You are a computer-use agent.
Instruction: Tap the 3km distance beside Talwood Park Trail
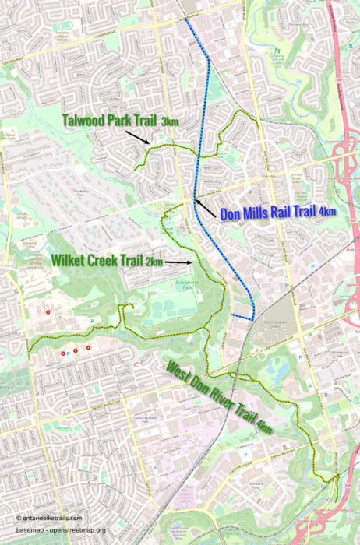[169, 122]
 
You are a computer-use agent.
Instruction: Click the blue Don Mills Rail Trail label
[268, 212]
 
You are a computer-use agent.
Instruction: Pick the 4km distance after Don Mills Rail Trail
[327, 212]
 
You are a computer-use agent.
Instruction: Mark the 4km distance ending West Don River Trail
[264, 427]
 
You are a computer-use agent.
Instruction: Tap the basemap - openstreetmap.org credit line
[61, 530]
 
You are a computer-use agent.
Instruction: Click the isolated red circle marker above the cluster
[48, 311]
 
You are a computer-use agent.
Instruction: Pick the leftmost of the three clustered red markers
[62, 353]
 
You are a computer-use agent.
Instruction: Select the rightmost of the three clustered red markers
[88, 347]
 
